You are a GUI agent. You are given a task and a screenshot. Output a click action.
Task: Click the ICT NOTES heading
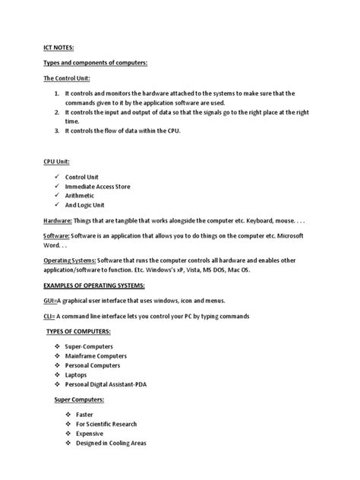tap(58, 47)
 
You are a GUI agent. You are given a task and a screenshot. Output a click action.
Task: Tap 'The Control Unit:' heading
tap(66, 78)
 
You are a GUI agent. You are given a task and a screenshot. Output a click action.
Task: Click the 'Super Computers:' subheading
tap(79, 399)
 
